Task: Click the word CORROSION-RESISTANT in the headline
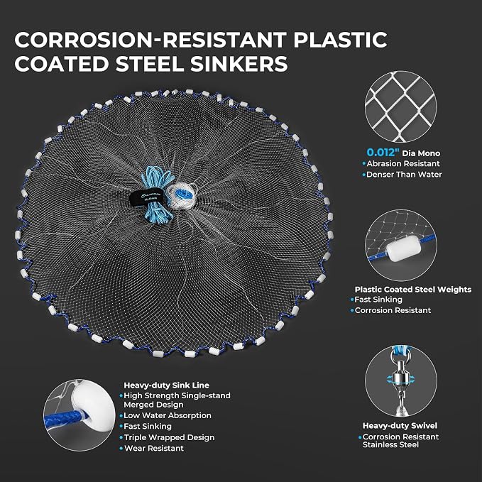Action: pos(150,40)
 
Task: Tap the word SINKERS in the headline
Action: pos(239,64)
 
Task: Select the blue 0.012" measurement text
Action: pos(383,153)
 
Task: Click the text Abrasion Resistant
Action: pos(403,163)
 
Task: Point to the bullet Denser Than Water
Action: pos(404,175)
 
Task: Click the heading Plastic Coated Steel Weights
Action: pos(413,289)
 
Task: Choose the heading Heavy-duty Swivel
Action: pos(400,425)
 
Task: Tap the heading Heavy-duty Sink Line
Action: pos(166,385)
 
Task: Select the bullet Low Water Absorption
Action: pos(168,415)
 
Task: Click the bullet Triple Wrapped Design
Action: pos(169,437)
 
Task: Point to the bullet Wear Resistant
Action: pos(154,448)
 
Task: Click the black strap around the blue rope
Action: pos(147,199)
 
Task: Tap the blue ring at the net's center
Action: pos(184,195)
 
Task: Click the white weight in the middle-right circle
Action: pos(402,248)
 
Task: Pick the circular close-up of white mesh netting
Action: pos(401,106)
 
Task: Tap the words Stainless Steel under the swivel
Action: pos(390,445)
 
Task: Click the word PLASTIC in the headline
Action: pos(340,40)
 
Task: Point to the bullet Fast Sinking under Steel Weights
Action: pos(378,300)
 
